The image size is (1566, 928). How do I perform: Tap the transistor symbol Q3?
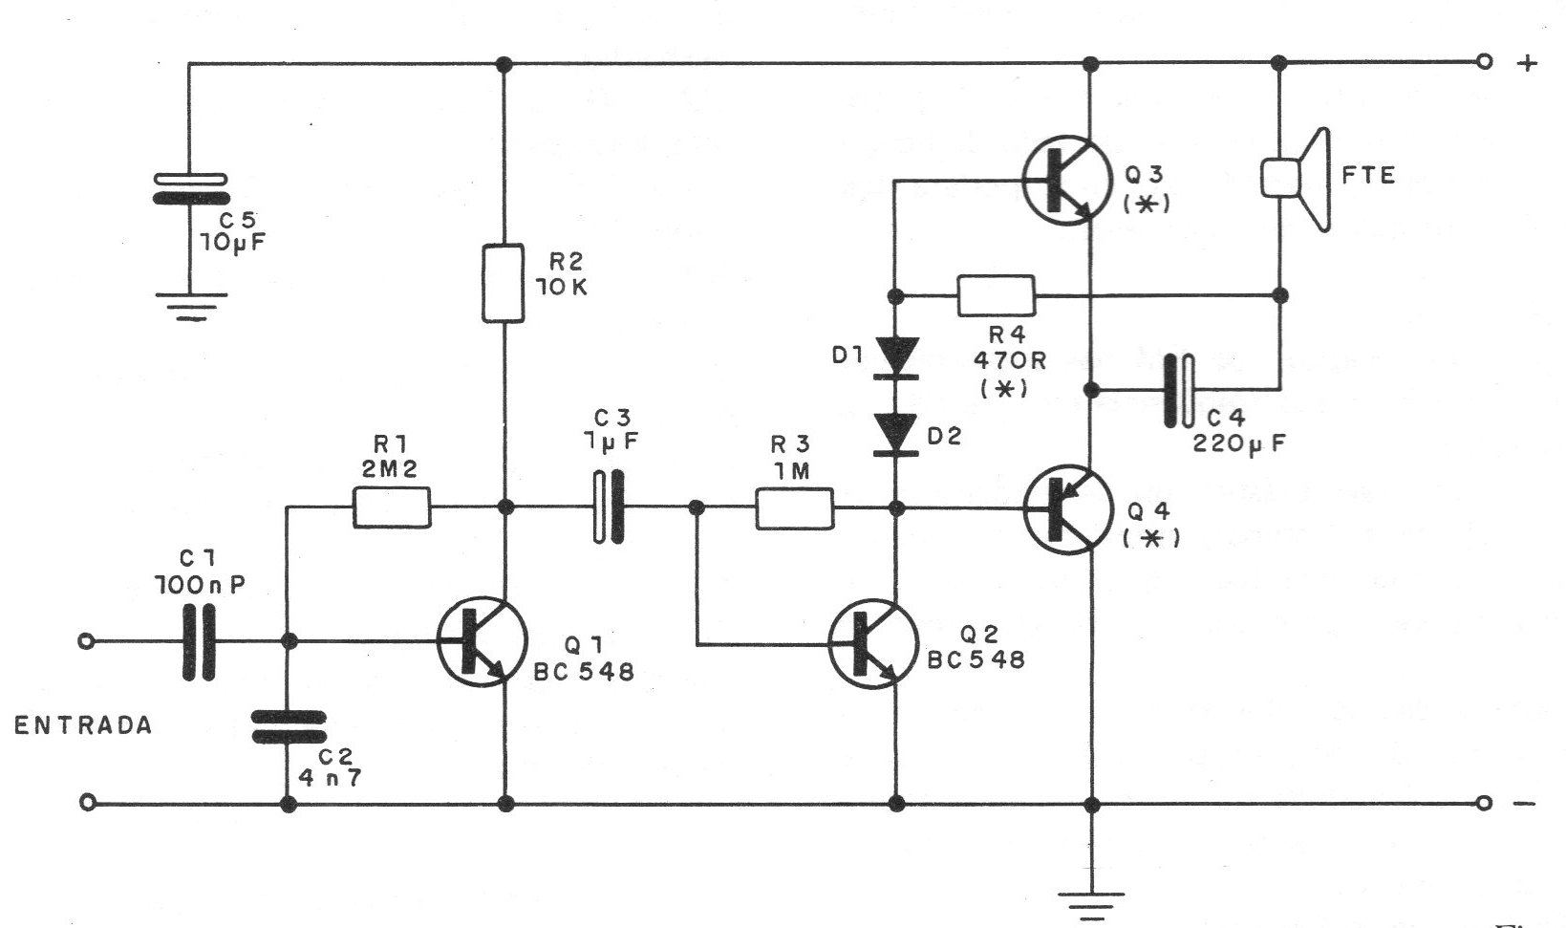pos(1066,179)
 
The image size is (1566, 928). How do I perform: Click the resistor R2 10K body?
pos(504,283)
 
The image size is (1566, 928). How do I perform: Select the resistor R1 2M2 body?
pos(392,507)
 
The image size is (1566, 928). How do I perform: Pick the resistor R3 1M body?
pos(794,507)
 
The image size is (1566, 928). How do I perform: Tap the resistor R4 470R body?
pos(996,295)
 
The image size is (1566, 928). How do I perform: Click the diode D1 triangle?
pos(896,356)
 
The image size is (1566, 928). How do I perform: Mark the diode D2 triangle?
pos(896,436)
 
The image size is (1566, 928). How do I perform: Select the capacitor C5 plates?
pos(190,188)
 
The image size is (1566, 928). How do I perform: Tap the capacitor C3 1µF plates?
pos(609,507)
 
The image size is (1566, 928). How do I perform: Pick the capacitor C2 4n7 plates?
pos(288,726)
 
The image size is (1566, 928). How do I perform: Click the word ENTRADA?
pos(83,725)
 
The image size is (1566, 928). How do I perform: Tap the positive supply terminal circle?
pos(1483,63)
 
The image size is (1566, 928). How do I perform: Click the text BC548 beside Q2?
pos(976,659)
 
